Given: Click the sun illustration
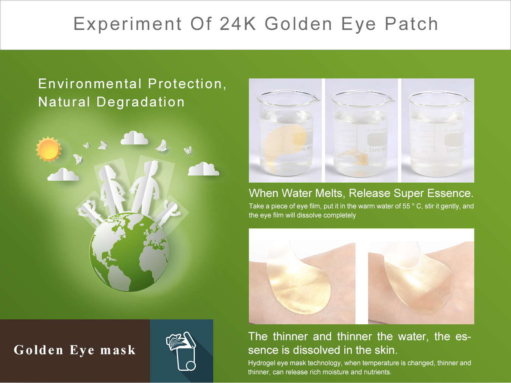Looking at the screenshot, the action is [x=48, y=149].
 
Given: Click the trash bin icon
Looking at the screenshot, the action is [x=181, y=351].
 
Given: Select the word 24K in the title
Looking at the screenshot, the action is [x=238, y=24].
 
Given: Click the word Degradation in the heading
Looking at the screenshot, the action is [x=141, y=102].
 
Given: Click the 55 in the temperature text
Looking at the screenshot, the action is [x=406, y=206].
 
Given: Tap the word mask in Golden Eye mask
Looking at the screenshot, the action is [x=118, y=350].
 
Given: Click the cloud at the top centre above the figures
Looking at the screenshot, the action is [x=134, y=138].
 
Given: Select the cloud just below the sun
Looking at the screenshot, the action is [x=63, y=174].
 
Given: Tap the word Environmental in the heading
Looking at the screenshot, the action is [x=90, y=84].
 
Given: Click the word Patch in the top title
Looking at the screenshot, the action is [x=411, y=24].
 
